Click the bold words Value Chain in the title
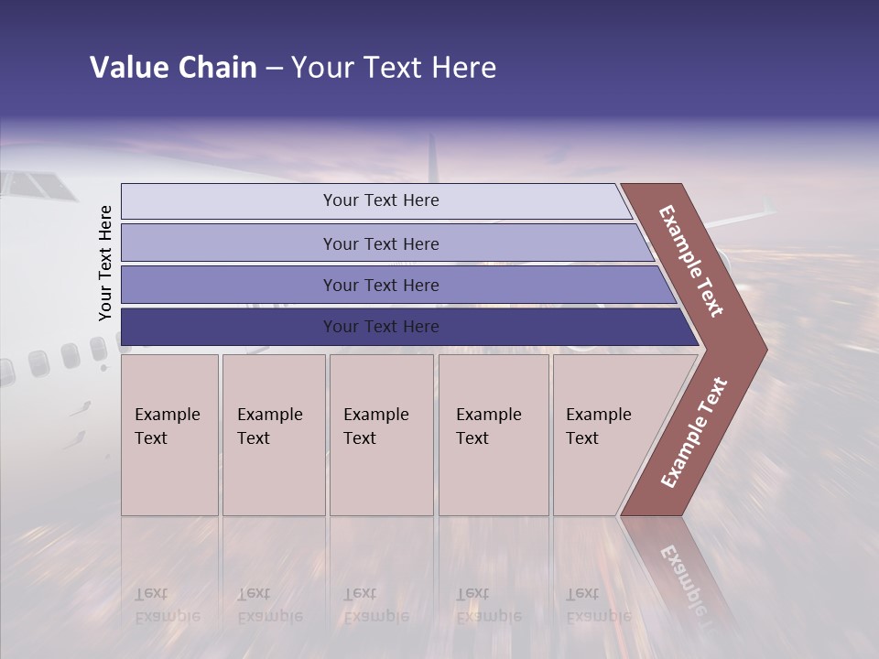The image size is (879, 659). (x=173, y=68)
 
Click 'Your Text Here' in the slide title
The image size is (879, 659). (x=394, y=68)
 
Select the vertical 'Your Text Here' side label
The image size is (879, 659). (x=105, y=264)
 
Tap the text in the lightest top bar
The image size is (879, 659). (x=381, y=200)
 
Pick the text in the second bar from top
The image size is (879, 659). (x=381, y=243)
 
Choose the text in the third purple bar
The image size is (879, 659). (x=381, y=286)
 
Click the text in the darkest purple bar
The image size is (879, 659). (x=381, y=327)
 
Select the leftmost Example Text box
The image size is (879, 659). (x=169, y=435)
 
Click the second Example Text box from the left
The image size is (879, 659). (x=273, y=435)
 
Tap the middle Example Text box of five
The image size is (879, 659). (x=381, y=435)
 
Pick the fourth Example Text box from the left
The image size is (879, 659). (x=493, y=435)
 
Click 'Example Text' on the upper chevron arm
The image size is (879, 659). (x=691, y=261)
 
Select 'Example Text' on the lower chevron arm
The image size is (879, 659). (x=694, y=433)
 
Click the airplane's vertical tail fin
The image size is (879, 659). (x=432, y=160)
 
